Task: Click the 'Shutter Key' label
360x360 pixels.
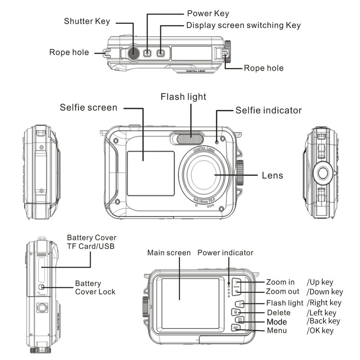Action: pyautogui.click(x=86, y=21)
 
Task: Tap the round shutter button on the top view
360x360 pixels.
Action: pyautogui.click(x=133, y=53)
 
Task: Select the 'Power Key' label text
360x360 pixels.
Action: pyautogui.click(x=207, y=13)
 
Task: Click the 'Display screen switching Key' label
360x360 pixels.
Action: pyautogui.click(x=243, y=25)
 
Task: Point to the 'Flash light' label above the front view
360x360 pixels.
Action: pyautogui.click(x=183, y=97)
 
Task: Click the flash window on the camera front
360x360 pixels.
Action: pyautogui.click(x=189, y=139)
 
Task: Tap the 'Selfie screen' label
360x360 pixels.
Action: pyautogui.click(x=88, y=108)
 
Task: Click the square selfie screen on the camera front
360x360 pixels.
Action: pyautogui.click(x=150, y=173)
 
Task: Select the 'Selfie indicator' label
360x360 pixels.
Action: pyautogui.click(x=268, y=110)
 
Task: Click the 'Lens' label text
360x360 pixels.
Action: pyautogui.click(x=272, y=175)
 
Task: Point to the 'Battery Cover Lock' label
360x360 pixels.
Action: pyautogui.click(x=95, y=288)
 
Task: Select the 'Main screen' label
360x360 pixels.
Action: pyautogui.click(x=169, y=253)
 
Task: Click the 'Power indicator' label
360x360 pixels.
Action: pyautogui.click(x=225, y=253)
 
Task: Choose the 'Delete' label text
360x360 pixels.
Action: pyautogui.click(x=279, y=312)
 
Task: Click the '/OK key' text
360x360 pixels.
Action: pyautogui.click(x=320, y=331)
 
